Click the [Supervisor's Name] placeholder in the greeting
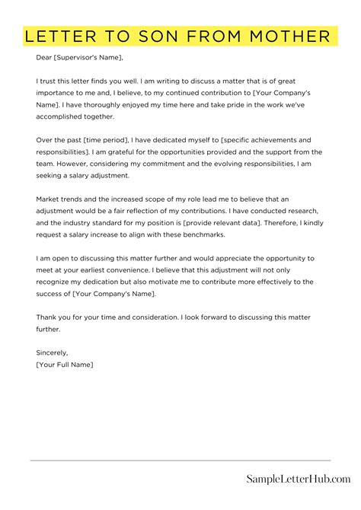click(x=88, y=58)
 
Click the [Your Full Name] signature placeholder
click(x=65, y=365)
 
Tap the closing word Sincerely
click(x=52, y=353)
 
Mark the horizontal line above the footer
click(x=180, y=461)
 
